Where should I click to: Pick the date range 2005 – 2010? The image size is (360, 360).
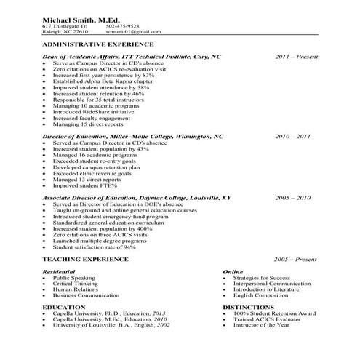click(293, 197)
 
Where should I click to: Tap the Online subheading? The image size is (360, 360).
click(233, 271)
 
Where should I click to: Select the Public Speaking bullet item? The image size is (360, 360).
click(73, 278)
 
